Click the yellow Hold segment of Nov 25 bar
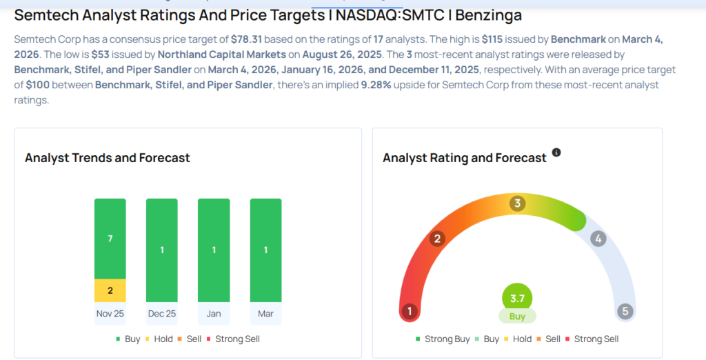pyautogui.click(x=110, y=290)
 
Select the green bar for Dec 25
pyautogui.click(x=162, y=250)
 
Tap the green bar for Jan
pyautogui.click(x=214, y=250)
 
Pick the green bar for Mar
pyautogui.click(x=265, y=250)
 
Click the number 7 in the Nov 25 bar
pyautogui.click(x=110, y=239)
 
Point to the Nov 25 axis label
pyautogui.click(x=110, y=313)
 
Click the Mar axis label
pyautogui.click(x=265, y=313)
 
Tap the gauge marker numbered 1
pyautogui.click(x=410, y=311)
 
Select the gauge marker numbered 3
pyautogui.click(x=517, y=203)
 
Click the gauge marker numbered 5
pyautogui.click(x=625, y=311)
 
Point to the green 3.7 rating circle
pyautogui.click(x=517, y=297)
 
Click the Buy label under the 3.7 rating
pyautogui.click(x=517, y=317)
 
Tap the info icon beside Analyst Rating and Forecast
pyautogui.click(x=556, y=152)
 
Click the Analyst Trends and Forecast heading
pyautogui.click(x=108, y=158)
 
